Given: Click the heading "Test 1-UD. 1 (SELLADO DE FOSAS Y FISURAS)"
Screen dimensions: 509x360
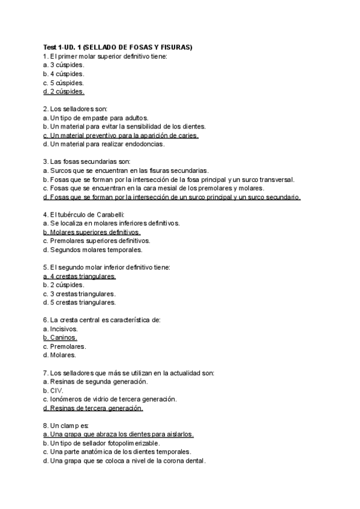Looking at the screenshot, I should pyautogui.click(x=118, y=47).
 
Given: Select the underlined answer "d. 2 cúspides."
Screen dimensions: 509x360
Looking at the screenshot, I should pyautogui.click(x=64, y=92).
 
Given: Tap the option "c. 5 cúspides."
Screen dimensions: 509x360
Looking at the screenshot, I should pyautogui.click(x=64, y=83).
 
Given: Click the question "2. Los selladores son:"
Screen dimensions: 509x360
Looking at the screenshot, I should pyautogui.click(x=75, y=109).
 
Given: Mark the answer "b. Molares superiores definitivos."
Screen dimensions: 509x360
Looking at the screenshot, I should pyautogui.click(x=92, y=232).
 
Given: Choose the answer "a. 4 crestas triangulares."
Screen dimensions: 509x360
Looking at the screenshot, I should pyautogui.click(x=80, y=276).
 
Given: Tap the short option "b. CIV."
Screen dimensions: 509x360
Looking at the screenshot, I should pyautogui.click(x=53, y=390).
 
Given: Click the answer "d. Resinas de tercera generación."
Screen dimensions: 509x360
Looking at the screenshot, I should pyautogui.click(x=93, y=408).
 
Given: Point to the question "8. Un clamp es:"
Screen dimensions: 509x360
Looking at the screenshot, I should pyautogui.click(x=66, y=426).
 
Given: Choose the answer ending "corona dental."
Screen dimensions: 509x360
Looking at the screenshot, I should pyautogui.click(x=125, y=461).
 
